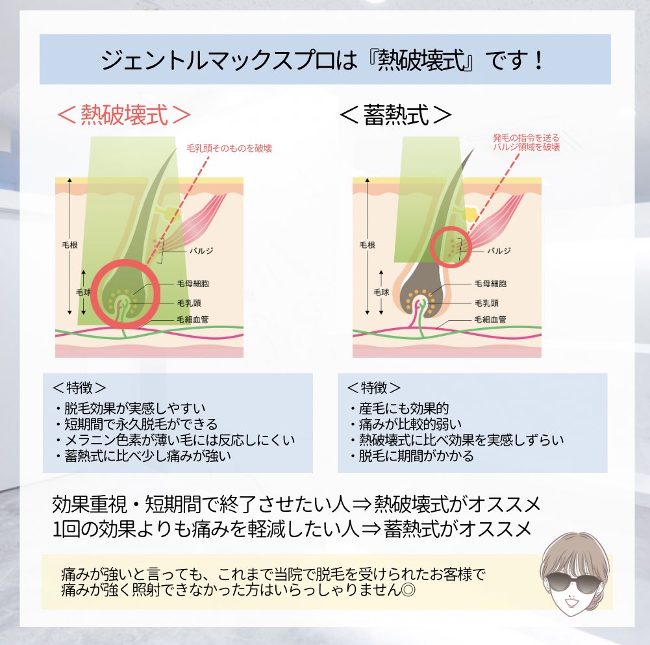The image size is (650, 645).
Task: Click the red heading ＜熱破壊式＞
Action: pyautogui.click(x=123, y=115)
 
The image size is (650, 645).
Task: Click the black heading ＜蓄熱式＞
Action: pyautogui.click(x=395, y=115)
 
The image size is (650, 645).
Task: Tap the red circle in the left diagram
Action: pyautogui.click(x=123, y=296)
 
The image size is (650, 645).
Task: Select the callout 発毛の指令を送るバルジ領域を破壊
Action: pyautogui.click(x=525, y=142)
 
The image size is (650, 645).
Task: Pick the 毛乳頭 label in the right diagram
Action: pyautogui.click(x=486, y=303)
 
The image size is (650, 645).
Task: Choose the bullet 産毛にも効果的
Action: pyautogui.click(x=399, y=409)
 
